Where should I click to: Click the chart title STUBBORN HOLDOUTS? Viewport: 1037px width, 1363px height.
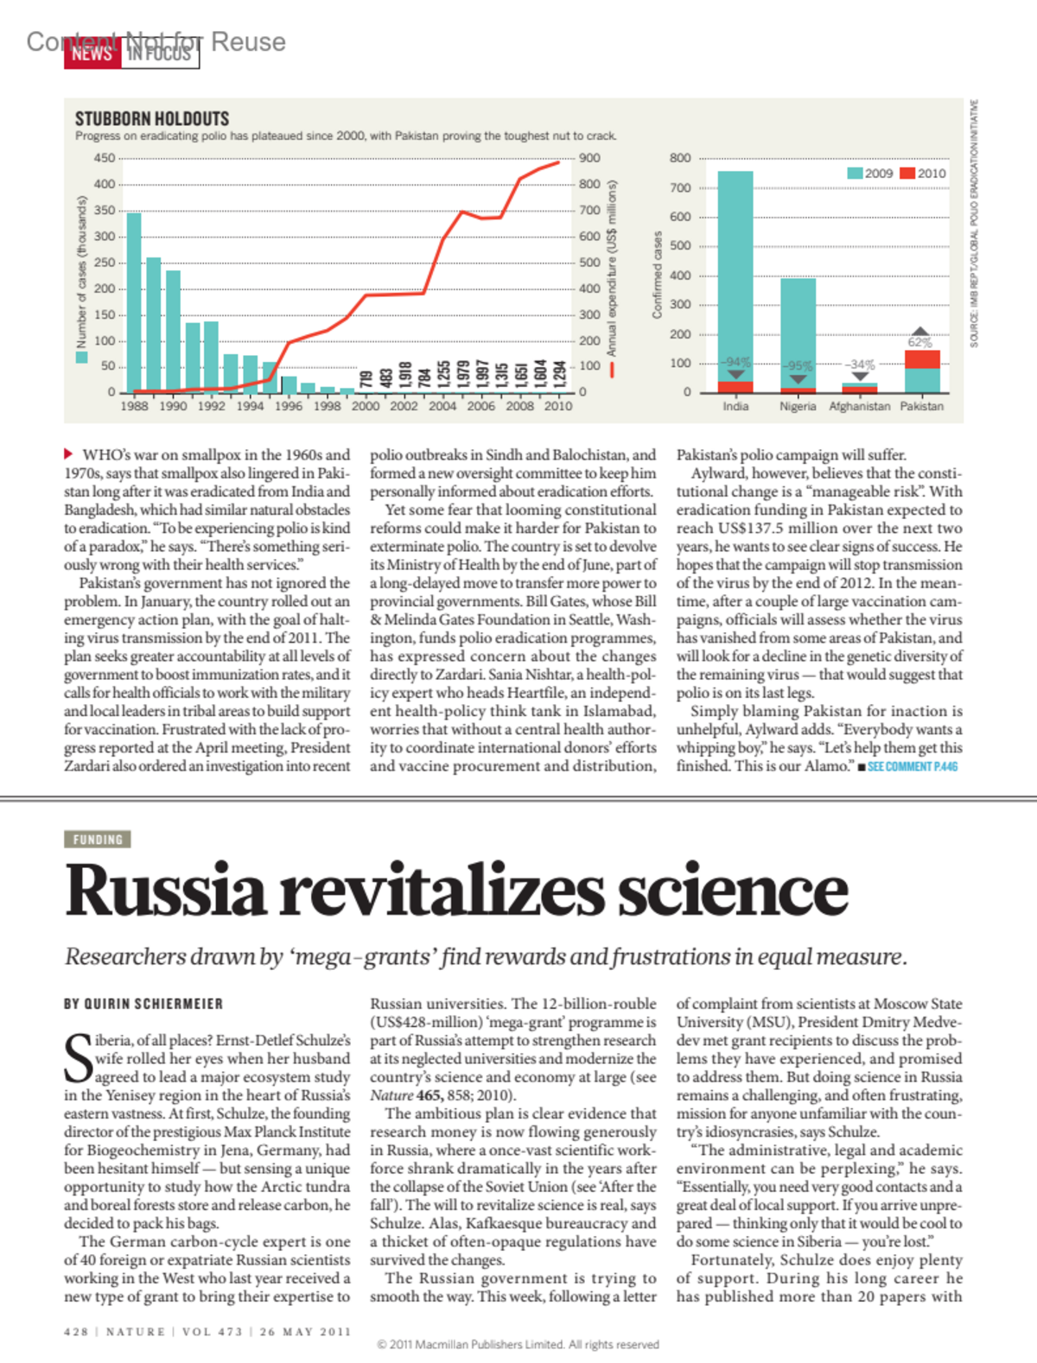tap(152, 119)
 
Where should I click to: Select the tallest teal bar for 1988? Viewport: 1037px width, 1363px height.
tap(134, 302)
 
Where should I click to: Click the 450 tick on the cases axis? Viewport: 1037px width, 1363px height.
tap(105, 158)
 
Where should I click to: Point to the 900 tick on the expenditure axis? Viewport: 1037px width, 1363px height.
tap(589, 158)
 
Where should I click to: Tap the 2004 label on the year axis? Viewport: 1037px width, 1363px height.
tap(442, 406)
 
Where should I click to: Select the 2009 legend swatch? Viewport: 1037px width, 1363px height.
tap(855, 174)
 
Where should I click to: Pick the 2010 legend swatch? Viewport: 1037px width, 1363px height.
tap(907, 174)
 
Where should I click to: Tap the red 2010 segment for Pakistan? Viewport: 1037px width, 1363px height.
tap(922, 359)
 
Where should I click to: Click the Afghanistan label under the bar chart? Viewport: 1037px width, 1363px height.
tap(859, 407)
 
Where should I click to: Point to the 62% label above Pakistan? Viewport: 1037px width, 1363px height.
tap(919, 343)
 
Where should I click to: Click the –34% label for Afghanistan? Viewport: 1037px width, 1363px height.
tap(860, 365)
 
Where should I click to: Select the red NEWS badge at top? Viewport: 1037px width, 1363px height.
tap(92, 54)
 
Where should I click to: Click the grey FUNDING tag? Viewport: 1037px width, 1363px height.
tap(98, 840)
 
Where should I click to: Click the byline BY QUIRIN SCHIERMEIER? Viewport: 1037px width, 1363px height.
tap(143, 1004)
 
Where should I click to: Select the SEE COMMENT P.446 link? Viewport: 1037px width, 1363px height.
tap(912, 767)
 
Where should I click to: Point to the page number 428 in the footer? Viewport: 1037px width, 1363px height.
tap(76, 1332)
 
